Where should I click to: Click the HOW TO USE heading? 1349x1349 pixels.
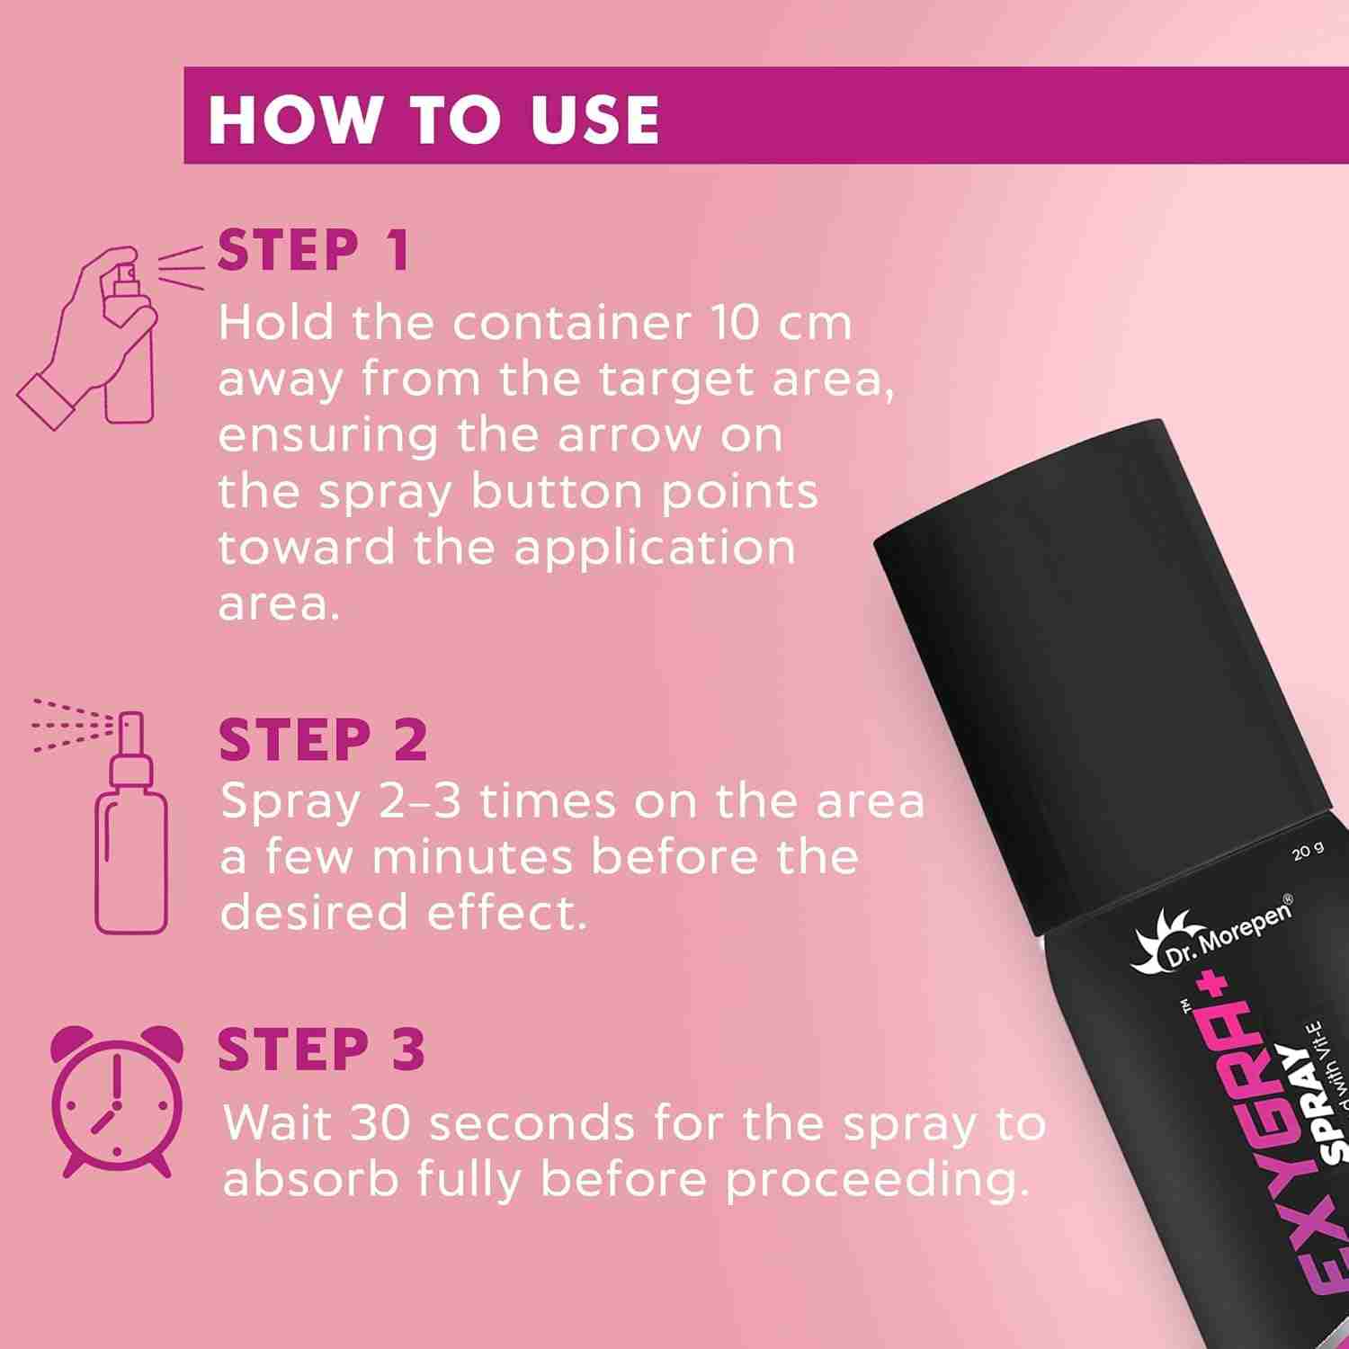pyautogui.click(x=434, y=118)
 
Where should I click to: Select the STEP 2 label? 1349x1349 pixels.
pyautogui.click(x=323, y=740)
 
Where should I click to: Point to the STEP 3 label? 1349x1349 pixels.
pyautogui.click(x=322, y=1049)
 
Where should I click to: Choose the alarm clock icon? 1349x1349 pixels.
pyautogui.click(x=116, y=1101)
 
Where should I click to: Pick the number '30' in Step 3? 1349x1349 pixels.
pyautogui.click(x=380, y=1124)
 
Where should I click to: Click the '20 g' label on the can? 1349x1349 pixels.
pyautogui.click(x=1309, y=851)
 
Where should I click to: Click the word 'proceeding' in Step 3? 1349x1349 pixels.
pyautogui.click(x=876, y=1182)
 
